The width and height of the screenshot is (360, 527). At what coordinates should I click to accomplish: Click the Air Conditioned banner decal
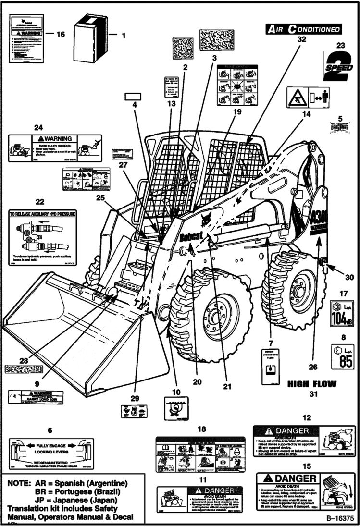304,29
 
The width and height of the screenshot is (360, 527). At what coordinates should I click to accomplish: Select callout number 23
340,46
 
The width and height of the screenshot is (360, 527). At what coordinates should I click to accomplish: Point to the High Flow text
311,384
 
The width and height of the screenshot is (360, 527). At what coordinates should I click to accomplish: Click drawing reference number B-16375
340,519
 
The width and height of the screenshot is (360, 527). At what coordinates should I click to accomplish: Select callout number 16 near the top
60,34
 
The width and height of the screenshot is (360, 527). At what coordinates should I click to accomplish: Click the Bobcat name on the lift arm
194,236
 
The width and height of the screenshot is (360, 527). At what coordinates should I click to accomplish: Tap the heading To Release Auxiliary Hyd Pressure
42,213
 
